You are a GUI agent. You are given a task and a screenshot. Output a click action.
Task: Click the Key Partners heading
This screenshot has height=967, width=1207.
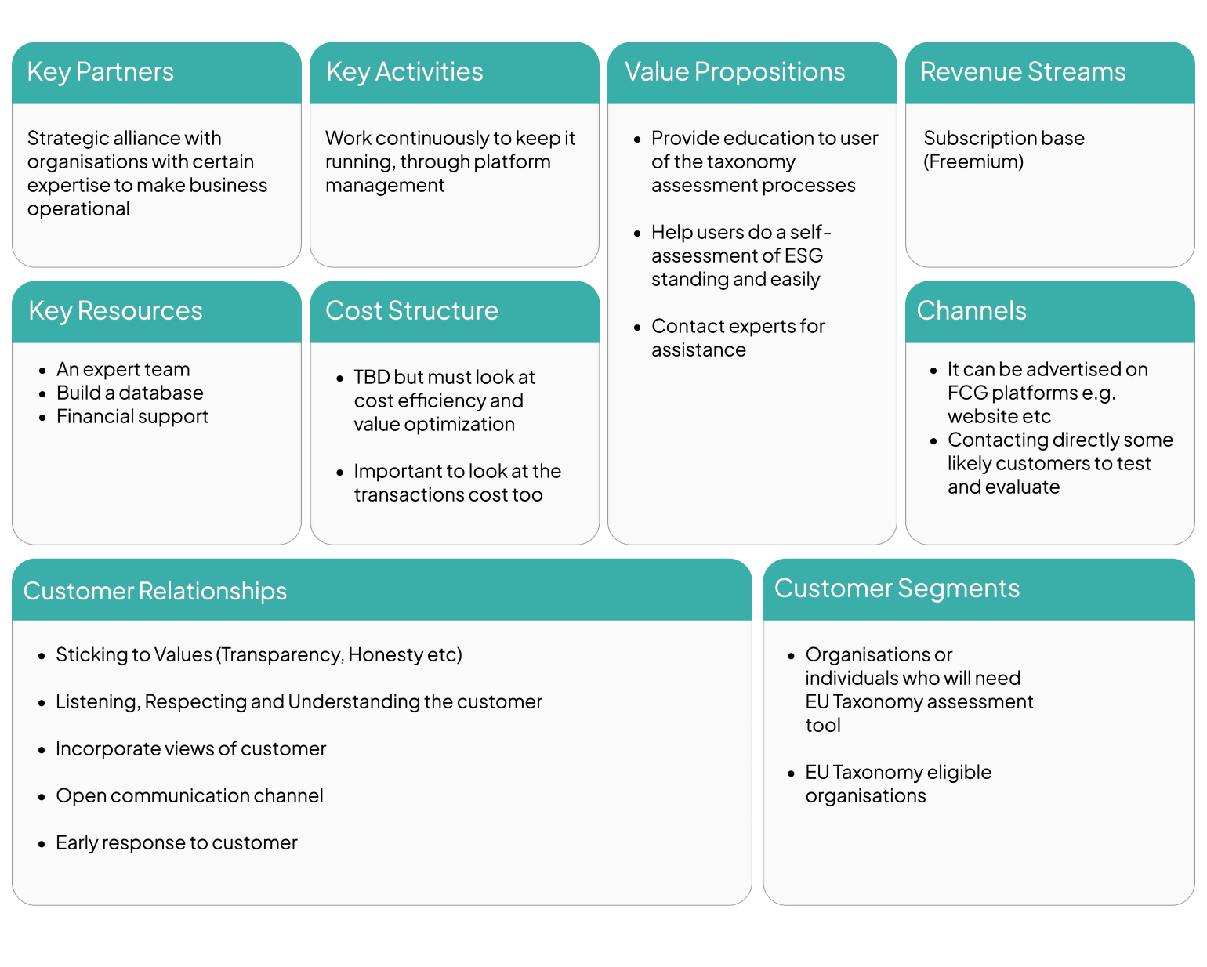(x=100, y=72)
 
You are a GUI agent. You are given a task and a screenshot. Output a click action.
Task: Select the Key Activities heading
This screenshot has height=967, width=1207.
(x=404, y=72)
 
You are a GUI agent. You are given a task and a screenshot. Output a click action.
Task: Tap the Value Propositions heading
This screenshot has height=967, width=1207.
(x=734, y=72)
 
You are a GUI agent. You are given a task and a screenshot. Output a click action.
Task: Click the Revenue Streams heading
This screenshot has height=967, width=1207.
(x=1023, y=72)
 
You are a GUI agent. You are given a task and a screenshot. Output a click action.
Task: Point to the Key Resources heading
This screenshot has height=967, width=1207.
(x=115, y=311)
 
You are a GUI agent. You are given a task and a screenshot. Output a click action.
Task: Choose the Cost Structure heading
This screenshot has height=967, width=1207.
(x=411, y=311)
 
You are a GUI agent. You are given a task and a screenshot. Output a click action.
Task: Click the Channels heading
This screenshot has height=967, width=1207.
(x=971, y=311)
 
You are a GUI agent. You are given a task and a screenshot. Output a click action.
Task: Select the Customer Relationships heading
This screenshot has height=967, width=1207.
(x=155, y=591)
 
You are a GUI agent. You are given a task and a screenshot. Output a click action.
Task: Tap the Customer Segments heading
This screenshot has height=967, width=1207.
(x=897, y=589)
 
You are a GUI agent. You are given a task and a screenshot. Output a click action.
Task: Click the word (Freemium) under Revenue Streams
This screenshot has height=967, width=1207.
(x=973, y=162)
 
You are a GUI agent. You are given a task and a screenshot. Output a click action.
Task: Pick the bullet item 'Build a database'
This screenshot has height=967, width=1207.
(x=129, y=393)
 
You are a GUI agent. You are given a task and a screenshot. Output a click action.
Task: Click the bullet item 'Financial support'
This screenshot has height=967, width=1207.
(x=132, y=416)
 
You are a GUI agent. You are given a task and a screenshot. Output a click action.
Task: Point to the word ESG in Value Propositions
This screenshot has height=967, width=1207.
(x=803, y=255)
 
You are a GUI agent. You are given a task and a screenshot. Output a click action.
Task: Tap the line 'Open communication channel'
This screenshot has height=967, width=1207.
(x=189, y=795)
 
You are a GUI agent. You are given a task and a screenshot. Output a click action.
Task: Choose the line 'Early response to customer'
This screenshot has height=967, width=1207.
(x=176, y=842)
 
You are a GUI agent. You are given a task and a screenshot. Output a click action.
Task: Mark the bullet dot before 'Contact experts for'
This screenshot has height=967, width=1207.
(x=637, y=327)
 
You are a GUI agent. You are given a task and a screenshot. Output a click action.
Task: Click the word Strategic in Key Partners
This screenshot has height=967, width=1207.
(x=67, y=138)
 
